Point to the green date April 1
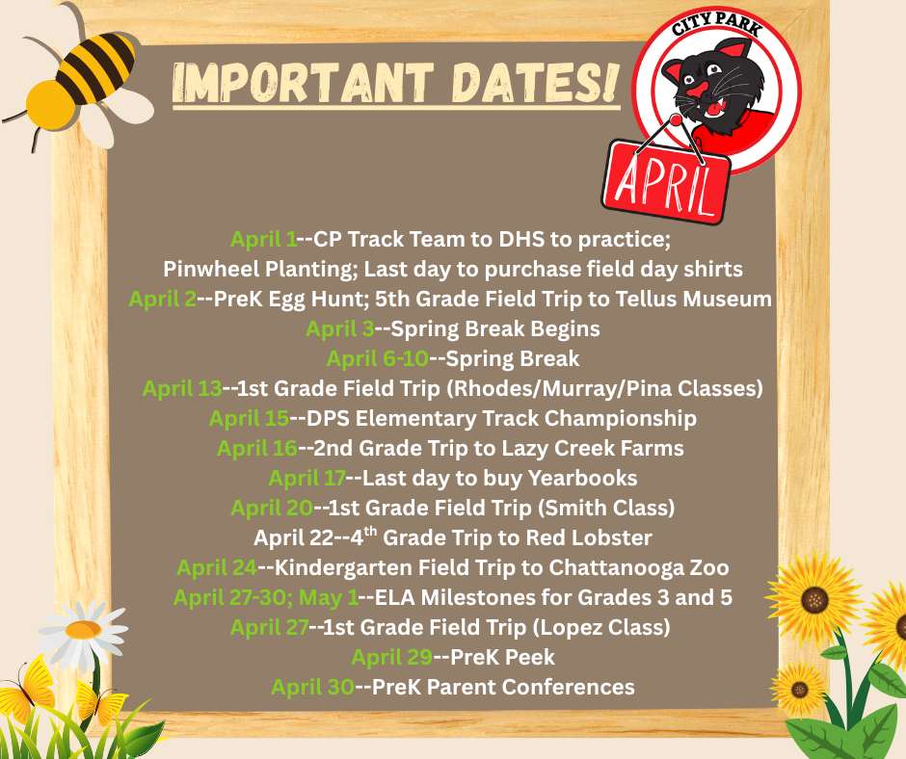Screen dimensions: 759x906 click(x=263, y=239)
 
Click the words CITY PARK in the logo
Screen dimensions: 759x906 click(x=717, y=28)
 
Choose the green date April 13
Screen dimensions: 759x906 click(x=182, y=389)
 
